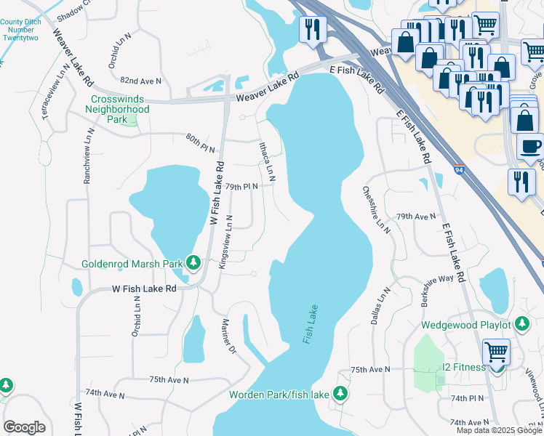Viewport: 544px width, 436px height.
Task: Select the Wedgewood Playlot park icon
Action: (521, 323)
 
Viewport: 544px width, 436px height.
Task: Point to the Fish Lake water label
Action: (311, 324)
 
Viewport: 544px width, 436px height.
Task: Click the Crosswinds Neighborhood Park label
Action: (120, 109)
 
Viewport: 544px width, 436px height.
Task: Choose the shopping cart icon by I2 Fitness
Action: (497, 352)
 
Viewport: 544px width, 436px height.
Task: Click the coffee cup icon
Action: (530, 145)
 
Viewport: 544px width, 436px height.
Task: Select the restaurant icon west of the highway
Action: (313, 29)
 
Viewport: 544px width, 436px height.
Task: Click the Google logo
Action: (24, 427)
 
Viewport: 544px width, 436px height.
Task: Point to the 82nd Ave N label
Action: (137, 81)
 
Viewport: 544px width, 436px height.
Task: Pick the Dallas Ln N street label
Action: (381, 305)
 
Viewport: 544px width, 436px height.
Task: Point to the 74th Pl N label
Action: (467, 399)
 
